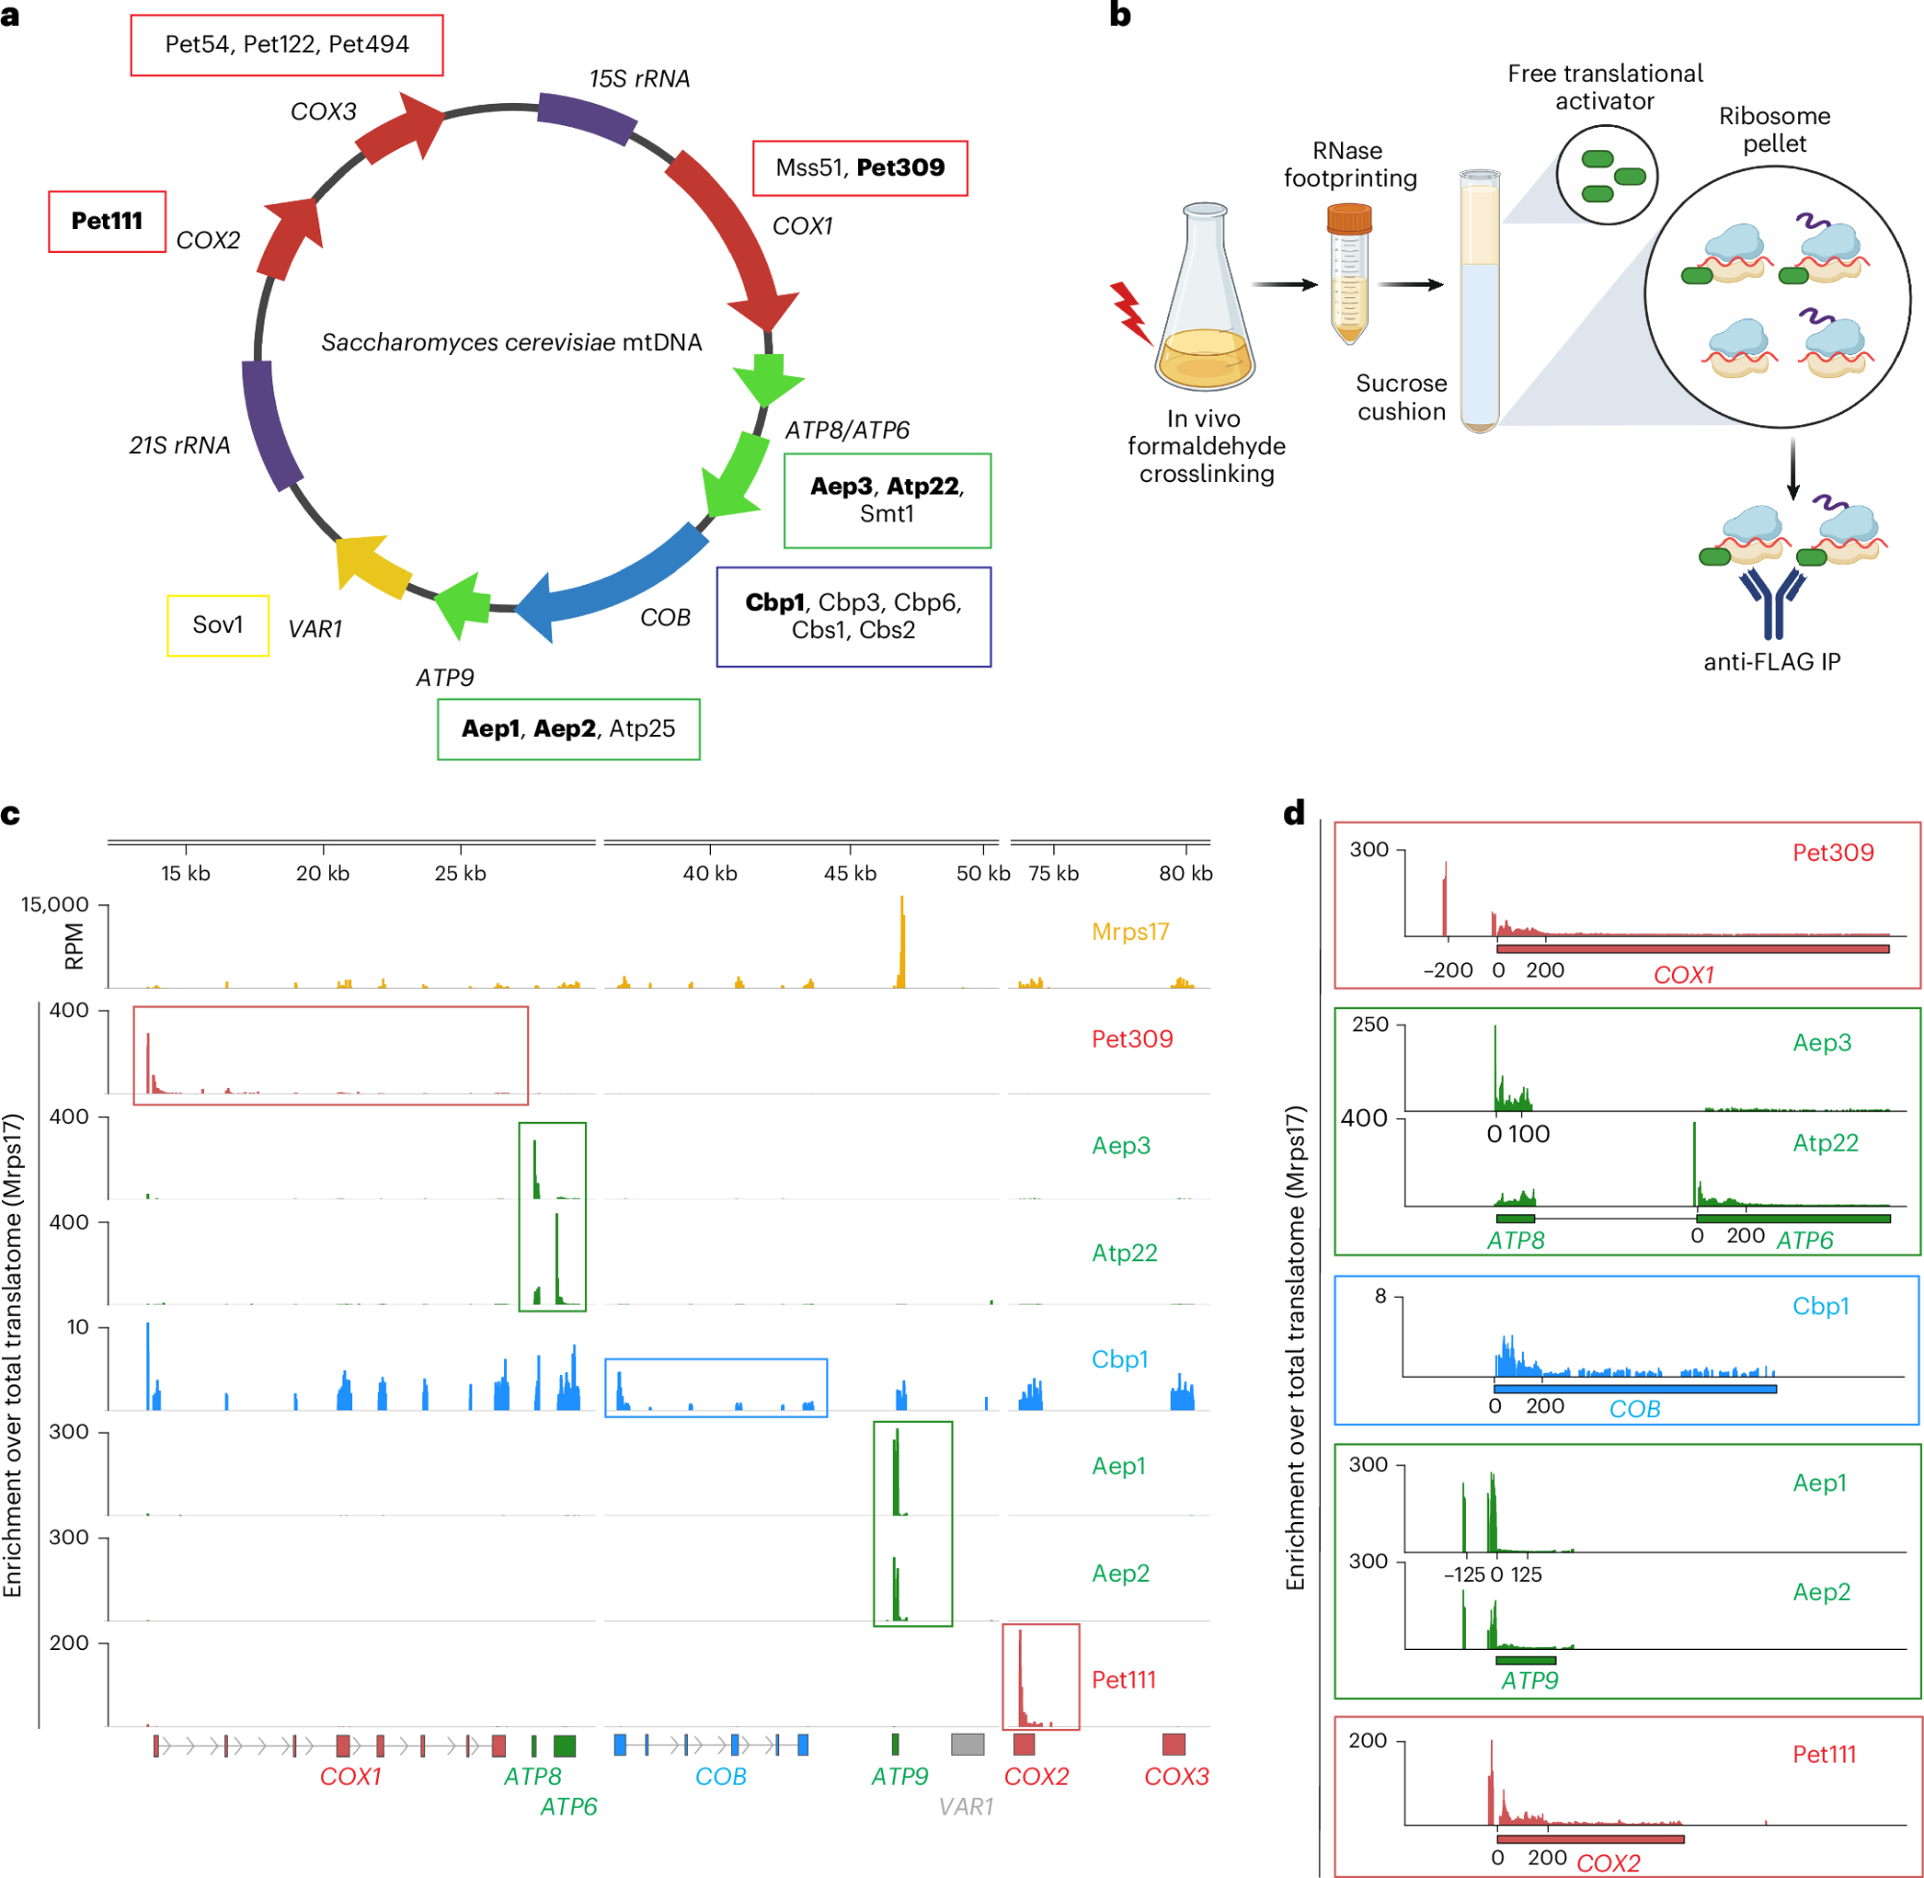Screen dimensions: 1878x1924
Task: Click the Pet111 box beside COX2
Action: [x=107, y=221]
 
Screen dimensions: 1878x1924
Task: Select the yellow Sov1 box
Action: [x=217, y=624]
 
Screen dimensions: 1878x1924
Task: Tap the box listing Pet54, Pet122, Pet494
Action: [x=286, y=44]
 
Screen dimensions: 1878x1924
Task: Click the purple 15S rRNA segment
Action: [x=586, y=117]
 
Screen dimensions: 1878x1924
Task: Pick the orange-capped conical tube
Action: [x=1348, y=271]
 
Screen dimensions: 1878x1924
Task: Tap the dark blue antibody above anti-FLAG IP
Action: [x=1772, y=602]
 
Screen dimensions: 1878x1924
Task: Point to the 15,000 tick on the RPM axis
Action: [x=55, y=904]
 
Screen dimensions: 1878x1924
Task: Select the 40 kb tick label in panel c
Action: [x=710, y=873]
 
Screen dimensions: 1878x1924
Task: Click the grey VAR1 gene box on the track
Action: [x=967, y=1744]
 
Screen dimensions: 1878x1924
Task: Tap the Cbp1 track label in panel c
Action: [x=1120, y=1359]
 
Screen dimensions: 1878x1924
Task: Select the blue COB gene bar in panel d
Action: [x=1635, y=1388]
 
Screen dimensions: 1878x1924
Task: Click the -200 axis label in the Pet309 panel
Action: [x=1447, y=970]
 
